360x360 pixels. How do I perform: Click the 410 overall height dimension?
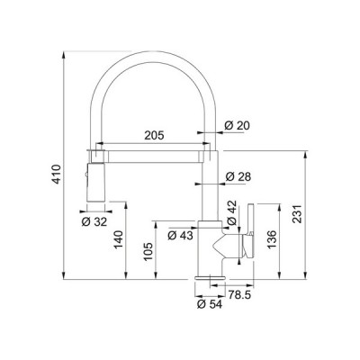pos(58,174)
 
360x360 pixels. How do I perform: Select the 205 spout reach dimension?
pos(154,135)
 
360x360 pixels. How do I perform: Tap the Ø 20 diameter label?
pos(237,126)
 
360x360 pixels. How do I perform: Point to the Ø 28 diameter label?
pos(238,176)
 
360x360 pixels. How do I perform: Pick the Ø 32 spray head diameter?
pos(94,222)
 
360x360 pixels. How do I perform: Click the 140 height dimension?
pos(119,240)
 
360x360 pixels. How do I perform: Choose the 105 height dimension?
pos(148,251)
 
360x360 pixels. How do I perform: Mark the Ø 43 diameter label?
pos(180,236)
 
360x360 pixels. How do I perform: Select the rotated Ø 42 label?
pos(232,212)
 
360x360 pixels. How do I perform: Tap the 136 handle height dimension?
pos(272,239)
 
